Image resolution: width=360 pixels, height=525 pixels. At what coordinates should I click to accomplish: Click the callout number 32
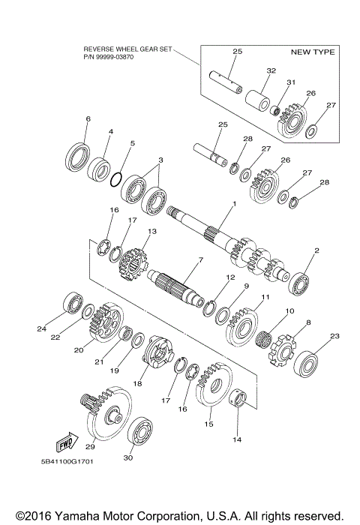click(x=250, y=70)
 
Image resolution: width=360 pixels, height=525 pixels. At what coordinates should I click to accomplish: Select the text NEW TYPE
click(x=312, y=52)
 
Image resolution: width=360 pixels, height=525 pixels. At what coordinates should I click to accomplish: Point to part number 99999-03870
click(x=115, y=56)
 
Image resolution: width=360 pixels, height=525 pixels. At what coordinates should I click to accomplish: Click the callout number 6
click(x=88, y=119)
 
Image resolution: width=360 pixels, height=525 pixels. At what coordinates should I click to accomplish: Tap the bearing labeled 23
click(x=309, y=364)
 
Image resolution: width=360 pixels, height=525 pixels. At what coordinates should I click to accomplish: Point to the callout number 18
click(x=137, y=382)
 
